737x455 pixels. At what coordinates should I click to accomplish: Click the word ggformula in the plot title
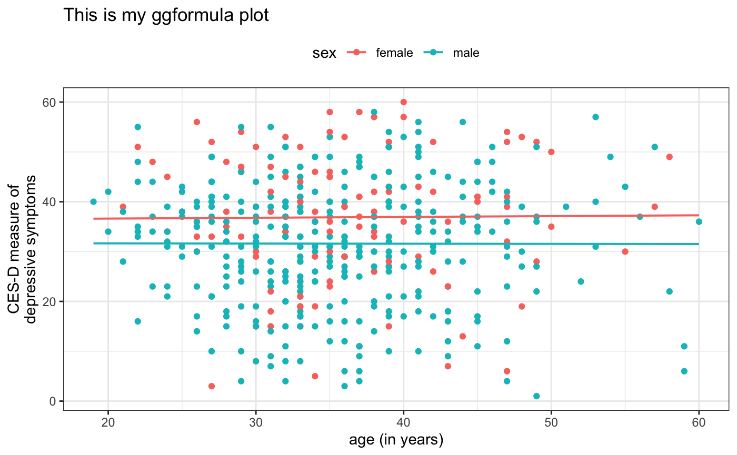[x=171, y=15]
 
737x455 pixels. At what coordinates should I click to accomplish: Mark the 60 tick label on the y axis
[x=51, y=102]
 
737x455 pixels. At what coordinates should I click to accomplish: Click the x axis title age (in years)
[x=396, y=440]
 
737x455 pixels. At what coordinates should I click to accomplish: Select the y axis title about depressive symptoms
[x=24, y=251]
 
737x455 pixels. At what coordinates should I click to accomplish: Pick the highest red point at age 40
[x=403, y=102]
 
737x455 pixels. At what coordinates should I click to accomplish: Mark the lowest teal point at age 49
[x=536, y=396]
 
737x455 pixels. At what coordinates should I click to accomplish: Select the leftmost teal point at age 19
[x=93, y=201]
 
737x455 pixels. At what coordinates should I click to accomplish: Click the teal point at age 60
[x=699, y=221]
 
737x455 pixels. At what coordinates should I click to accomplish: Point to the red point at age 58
[x=669, y=157]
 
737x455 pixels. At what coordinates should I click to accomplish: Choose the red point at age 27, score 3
[x=212, y=386]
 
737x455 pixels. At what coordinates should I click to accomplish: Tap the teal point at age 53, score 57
[x=595, y=117]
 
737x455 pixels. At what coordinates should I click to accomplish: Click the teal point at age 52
[x=581, y=281]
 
